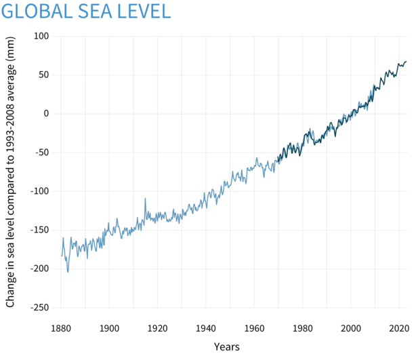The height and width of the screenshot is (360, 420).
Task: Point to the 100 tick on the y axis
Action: [42, 36]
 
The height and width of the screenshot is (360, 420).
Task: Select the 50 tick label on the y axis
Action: [45, 75]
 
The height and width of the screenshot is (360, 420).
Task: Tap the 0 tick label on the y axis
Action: [47, 113]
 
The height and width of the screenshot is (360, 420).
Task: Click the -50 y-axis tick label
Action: [43, 153]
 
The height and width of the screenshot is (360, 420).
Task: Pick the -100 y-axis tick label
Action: [41, 191]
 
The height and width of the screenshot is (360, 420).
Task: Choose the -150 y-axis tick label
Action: [41, 230]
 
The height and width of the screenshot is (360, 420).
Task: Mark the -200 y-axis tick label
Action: [41, 268]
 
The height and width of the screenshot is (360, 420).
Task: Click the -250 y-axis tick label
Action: [41, 307]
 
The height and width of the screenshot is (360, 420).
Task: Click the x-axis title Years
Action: [226, 346]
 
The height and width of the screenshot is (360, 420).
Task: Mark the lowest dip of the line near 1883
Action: [68, 273]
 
